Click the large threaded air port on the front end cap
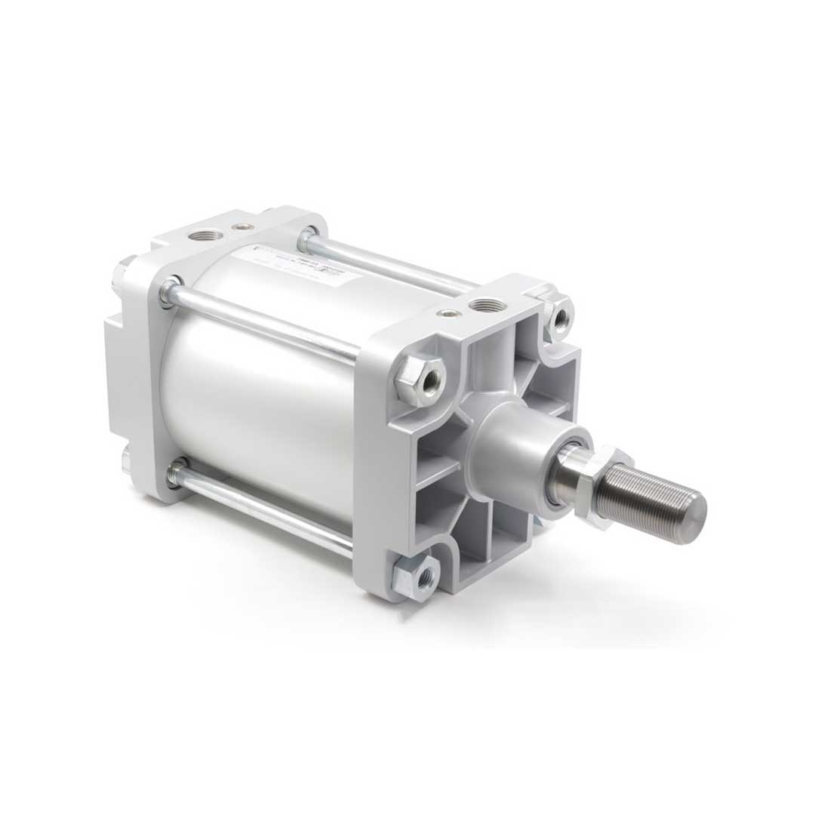point(481,305)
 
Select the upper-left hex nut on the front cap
point(420,380)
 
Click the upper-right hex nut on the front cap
point(560,317)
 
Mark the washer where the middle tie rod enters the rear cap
point(171,292)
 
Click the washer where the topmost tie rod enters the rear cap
point(308,240)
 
